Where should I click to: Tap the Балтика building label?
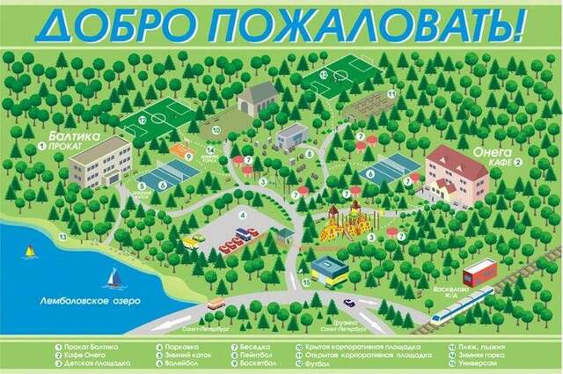click(69, 137)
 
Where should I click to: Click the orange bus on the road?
click(216, 304)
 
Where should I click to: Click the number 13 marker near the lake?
click(62, 237)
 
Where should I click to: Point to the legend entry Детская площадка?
click(97, 362)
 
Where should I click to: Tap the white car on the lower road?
click(349, 303)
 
